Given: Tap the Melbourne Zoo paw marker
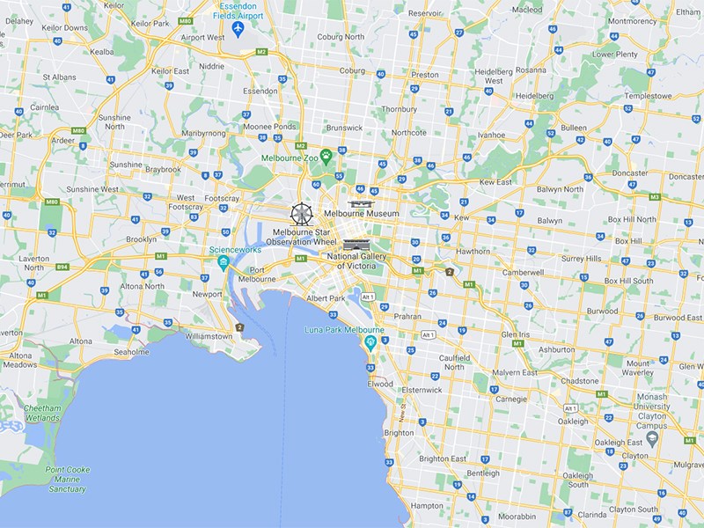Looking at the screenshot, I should [326, 157].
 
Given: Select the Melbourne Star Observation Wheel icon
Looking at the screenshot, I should [302, 213].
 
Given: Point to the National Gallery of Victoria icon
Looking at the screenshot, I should [356, 244].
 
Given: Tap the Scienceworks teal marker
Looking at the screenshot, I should [224, 262].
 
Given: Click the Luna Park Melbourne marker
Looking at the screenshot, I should [371, 341].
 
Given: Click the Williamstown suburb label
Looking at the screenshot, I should [209, 336].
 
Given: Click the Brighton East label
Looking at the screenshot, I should [443, 458].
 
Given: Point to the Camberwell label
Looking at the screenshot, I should [523, 274].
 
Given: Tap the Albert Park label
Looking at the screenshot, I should [326, 299].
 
